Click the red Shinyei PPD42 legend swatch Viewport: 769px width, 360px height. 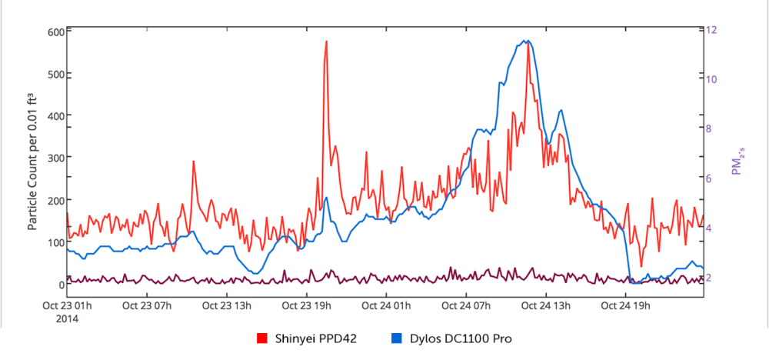pyautogui.click(x=261, y=338)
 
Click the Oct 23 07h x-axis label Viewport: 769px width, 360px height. pyautogui.click(x=147, y=305)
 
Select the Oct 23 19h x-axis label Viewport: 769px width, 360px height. pyautogui.click(x=307, y=305)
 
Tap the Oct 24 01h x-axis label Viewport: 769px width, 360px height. pyautogui.click(x=386, y=305)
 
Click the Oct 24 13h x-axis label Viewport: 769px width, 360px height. pyautogui.click(x=546, y=305)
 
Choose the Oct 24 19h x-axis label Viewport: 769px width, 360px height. pyautogui.click(x=626, y=305)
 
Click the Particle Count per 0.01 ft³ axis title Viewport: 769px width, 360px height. pyautogui.click(x=33, y=158)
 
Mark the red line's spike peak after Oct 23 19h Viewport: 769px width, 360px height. pyautogui.click(x=326, y=42)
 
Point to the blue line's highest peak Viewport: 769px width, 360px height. pyautogui.click(x=525, y=41)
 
